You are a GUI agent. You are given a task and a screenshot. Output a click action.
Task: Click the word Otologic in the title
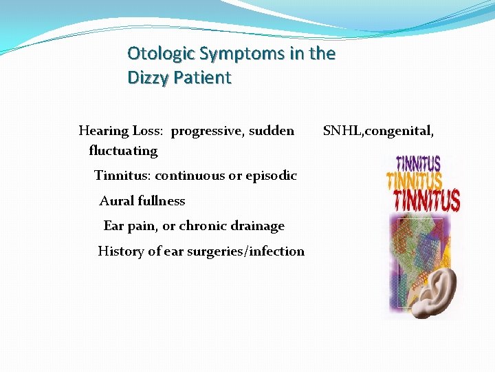coord(157,54)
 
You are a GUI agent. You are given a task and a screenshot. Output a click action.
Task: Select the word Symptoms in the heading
coord(234,54)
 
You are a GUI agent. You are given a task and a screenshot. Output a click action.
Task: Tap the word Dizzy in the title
coord(146,77)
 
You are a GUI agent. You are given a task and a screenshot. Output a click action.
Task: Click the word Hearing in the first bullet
coord(104,131)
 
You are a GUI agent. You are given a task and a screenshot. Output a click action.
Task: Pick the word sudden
coord(272,131)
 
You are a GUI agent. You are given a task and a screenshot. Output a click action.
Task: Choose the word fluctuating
coord(123,150)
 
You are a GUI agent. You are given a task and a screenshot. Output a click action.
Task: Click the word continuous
coord(190,176)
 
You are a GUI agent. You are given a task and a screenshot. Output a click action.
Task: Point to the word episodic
coord(269,176)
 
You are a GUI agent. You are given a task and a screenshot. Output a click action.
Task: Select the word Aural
coord(117,201)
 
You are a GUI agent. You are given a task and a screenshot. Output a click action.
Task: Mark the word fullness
coord(162,201)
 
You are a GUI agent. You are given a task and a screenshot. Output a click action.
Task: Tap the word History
coord(120,251)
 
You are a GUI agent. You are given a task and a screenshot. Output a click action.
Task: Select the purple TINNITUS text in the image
coord(418,163)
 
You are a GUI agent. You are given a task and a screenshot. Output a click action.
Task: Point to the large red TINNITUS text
coord(426,200)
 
